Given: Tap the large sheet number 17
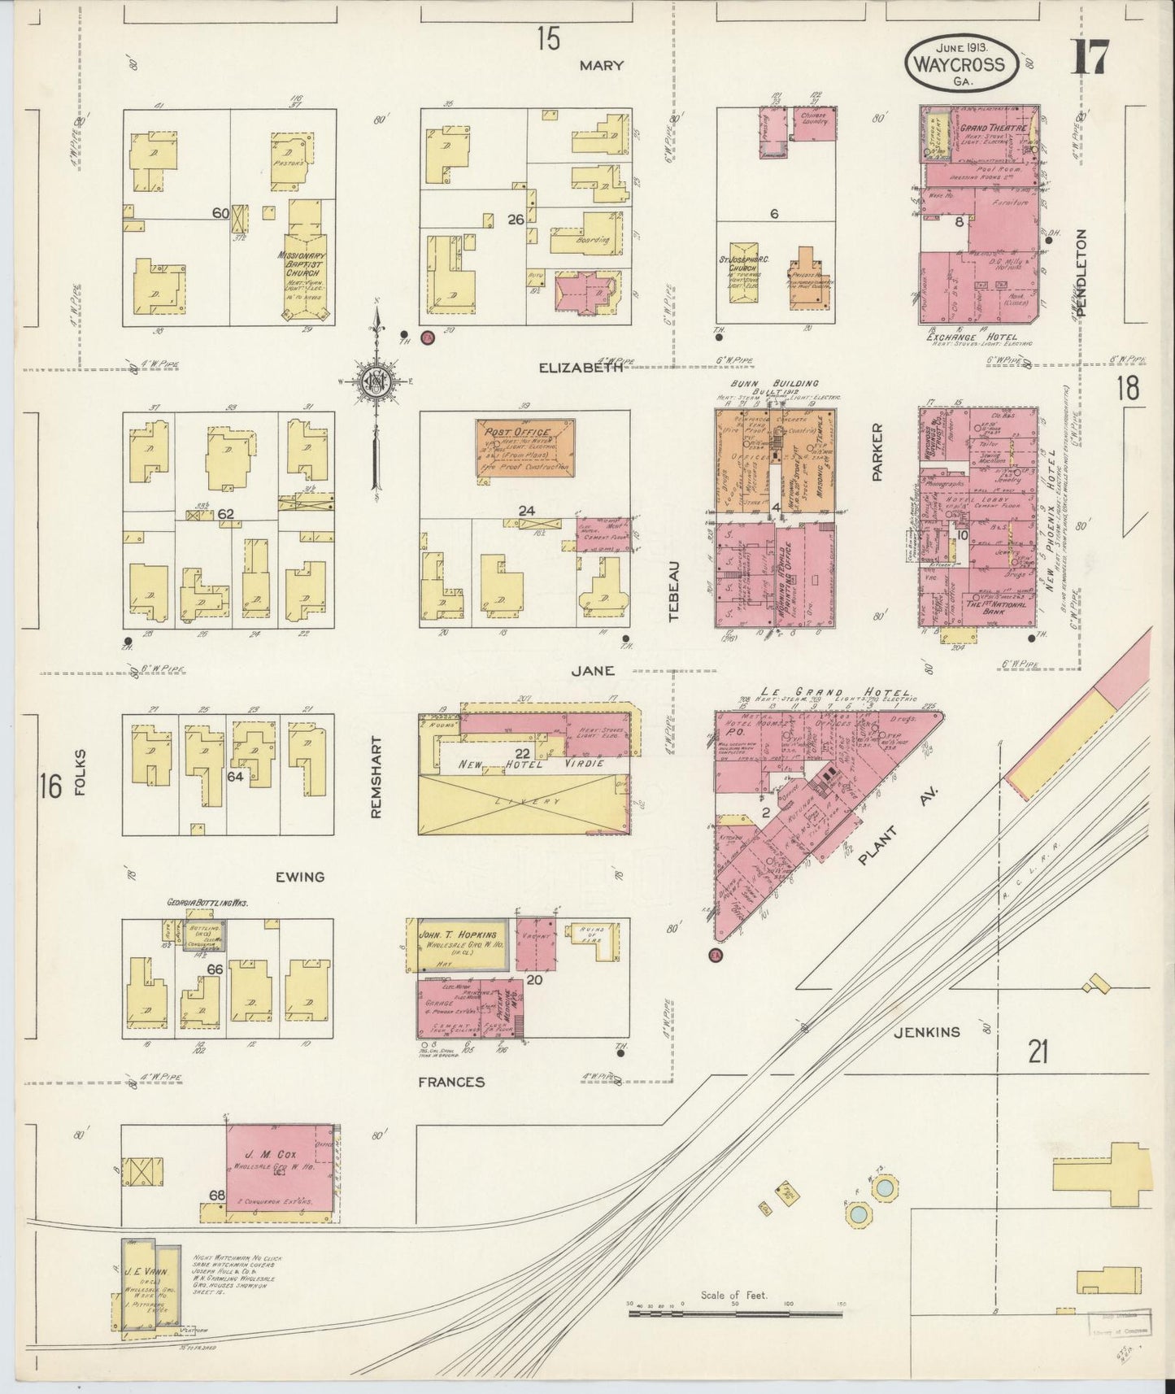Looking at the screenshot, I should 1091,57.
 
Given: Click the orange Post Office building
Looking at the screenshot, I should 524,448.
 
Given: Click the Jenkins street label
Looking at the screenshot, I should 926,1032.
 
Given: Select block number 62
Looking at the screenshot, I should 225,513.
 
